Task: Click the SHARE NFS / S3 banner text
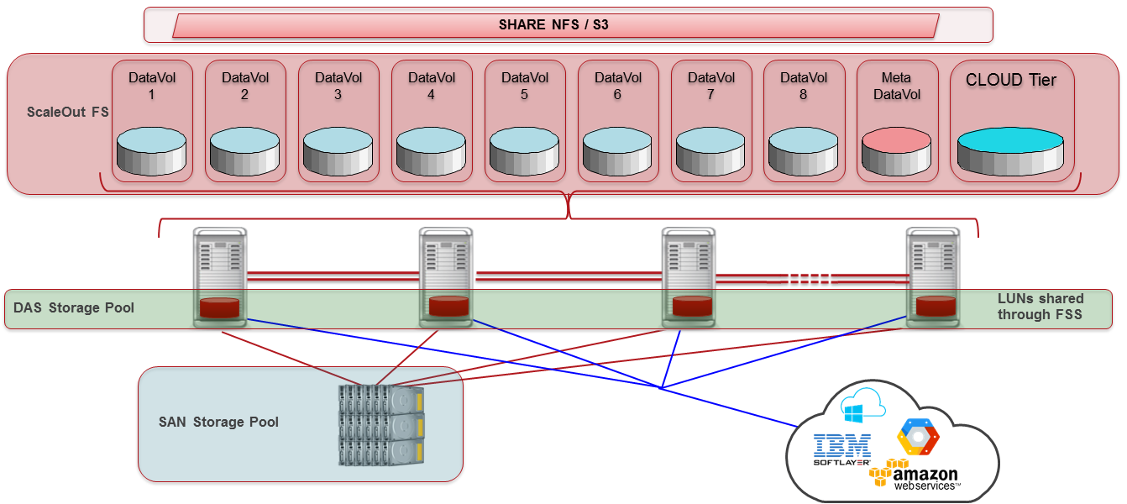click(553, 24)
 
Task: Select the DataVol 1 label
click(152, 86)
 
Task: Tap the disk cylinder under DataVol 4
click(431, 151)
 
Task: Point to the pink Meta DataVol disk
click(897, 151)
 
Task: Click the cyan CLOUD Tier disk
click(1010, 151)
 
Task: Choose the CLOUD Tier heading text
click(1011, 80)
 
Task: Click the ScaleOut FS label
click(67, 112)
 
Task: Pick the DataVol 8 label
click(804, 86)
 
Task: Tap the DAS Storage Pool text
click(73, 307)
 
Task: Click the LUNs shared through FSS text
click(1040, 306)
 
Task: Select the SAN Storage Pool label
click(218, 422)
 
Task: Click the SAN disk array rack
click(381, 425)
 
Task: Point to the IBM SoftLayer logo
click(841, 449)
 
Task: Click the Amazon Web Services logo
click(915, 475)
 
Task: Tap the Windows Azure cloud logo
click(862, 405)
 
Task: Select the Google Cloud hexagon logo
click(918, 437)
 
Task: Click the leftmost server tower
click(220, 277)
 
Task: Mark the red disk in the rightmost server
click(936, 307)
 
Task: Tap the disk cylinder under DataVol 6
click(617, 151)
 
